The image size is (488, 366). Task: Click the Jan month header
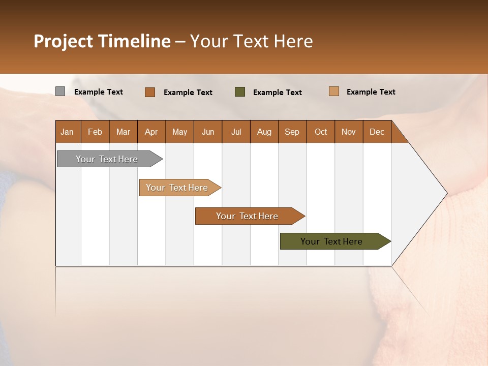68,132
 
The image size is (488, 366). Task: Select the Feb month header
95,132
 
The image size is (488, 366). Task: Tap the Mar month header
123,132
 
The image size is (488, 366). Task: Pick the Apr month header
151,132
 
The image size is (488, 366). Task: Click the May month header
179,132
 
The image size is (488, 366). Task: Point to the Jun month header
208,132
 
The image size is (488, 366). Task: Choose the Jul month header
236,132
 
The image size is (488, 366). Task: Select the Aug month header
264,132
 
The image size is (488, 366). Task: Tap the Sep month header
292,132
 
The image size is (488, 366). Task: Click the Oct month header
321,132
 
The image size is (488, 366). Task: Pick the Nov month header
349,132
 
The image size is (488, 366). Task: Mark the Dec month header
377,132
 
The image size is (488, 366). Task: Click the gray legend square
60,91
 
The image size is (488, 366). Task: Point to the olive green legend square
240,91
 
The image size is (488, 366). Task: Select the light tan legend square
333,91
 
